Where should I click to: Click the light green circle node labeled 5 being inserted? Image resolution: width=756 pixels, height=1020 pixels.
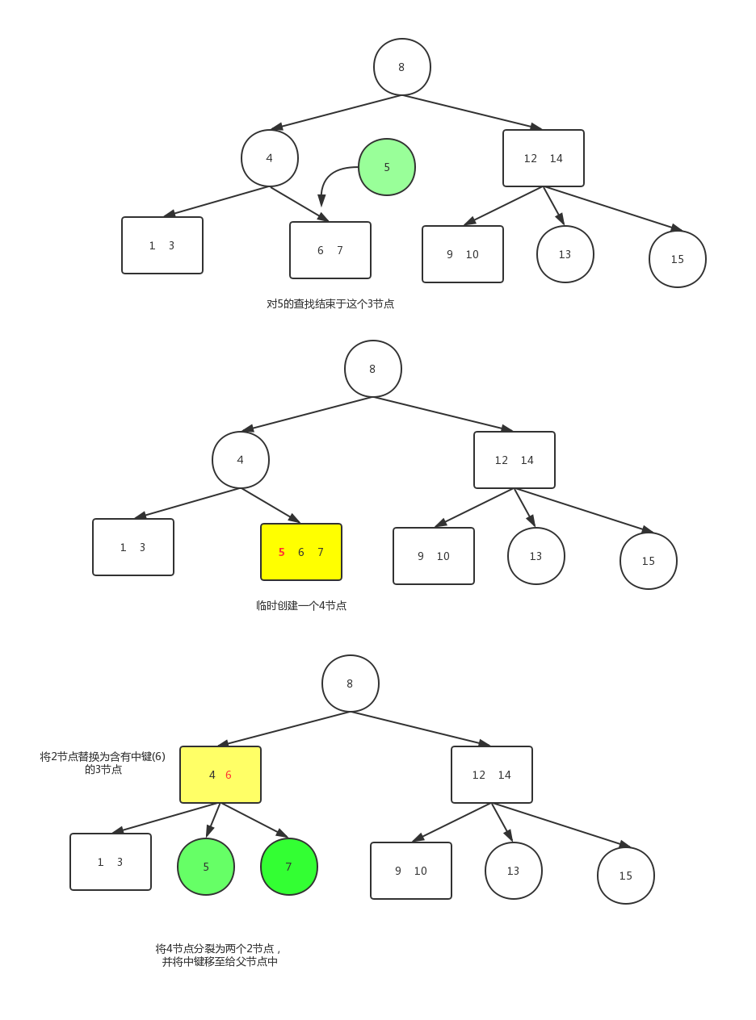click(386, 167)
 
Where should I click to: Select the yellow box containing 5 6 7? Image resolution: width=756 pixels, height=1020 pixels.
click(301, 551)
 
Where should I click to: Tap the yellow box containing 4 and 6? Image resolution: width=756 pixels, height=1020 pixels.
click(220, 775)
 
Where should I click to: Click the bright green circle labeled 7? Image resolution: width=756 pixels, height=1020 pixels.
click(288, 867)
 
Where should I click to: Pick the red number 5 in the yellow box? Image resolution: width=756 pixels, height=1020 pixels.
click(281, 552)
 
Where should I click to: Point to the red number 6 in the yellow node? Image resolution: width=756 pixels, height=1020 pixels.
click(228, 775)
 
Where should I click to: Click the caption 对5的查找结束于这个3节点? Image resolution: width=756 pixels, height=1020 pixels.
click(330, 303)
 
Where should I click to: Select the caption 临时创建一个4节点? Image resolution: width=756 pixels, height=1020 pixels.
click(301, 605)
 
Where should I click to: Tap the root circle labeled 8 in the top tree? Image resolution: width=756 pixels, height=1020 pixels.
click(402, 67)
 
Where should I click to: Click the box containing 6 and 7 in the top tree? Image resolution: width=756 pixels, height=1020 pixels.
click(330, 249)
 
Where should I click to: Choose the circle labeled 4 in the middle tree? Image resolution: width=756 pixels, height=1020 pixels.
click(241, 459)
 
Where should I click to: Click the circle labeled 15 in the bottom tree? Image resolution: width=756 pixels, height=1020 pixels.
click(626, 875)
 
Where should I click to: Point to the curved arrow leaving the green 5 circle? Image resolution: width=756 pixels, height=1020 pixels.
click(328, 177)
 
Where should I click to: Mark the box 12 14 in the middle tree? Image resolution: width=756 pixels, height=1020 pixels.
click(514, 459)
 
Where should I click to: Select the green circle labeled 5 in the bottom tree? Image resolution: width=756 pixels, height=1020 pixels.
click(206, 867)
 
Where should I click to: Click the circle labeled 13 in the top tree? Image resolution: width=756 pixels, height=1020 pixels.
click(565, 254)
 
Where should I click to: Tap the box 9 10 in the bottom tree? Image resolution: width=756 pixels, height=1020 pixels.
click(410, 871)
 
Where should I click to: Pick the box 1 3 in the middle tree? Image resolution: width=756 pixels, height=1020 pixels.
click(133, 547)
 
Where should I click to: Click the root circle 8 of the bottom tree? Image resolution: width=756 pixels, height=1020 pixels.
click(350, 683)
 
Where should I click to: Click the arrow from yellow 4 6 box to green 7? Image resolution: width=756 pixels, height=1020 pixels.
click(254, 821)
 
